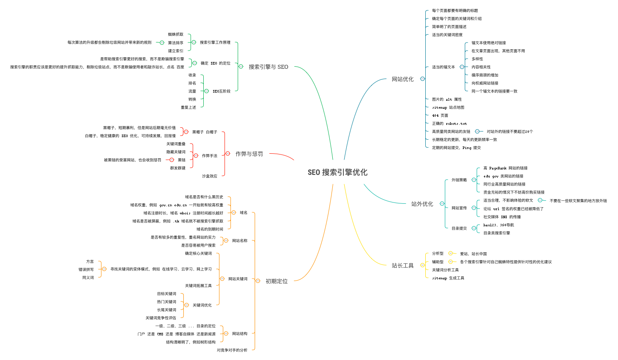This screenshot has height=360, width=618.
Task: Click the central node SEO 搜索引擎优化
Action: click(337, 172)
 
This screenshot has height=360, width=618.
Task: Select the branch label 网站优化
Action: click(402, 79)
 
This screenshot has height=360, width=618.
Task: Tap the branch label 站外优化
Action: click(422, 204)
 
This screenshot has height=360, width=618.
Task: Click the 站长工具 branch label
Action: click(402, 265)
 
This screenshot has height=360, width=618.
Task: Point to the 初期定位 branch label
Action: click(276, 281)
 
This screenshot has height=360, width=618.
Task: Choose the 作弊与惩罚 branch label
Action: click(249, 154)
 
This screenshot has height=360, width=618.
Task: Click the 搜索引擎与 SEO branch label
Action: click(268, 67)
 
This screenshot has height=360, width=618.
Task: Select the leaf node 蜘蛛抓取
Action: click(176, 34)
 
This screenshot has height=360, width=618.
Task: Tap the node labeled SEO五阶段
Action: click(222, 91)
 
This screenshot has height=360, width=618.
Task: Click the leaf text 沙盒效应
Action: click(209, 176)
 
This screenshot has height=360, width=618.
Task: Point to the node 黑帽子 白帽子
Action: click(205, 132)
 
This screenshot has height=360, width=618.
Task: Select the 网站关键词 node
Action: click(238, 279)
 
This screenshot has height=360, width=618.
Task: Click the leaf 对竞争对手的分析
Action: click(232, 350)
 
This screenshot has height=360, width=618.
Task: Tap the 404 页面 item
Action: click(440, 115)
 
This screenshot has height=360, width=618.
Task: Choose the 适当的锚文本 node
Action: click(443, 67)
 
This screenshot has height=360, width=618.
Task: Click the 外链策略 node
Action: click(459, 180)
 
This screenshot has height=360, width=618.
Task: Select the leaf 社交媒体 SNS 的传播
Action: click(502, 217)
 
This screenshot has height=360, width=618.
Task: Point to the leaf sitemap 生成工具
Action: click(448, 278)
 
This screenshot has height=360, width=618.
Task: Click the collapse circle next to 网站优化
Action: click(422, 79)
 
